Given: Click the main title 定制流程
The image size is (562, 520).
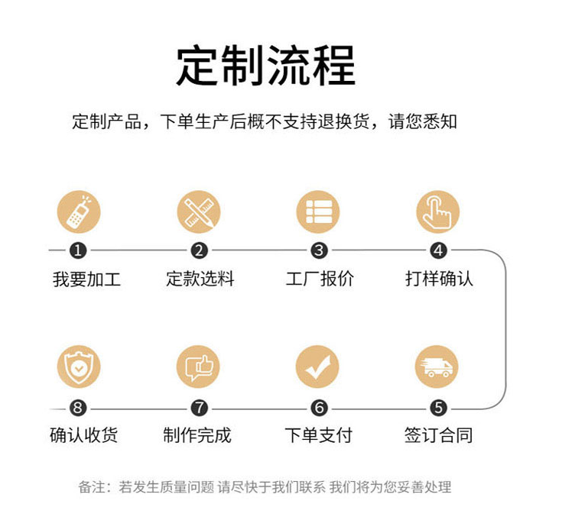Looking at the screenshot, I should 265,66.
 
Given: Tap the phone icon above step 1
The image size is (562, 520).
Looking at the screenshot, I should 79,212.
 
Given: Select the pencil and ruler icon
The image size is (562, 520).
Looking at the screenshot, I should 199,212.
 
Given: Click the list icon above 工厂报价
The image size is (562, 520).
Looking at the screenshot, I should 318,212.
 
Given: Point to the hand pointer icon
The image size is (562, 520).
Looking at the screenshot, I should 438,212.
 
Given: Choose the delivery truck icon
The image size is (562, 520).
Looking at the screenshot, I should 438,367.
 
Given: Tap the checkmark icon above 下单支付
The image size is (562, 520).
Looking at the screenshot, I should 318,367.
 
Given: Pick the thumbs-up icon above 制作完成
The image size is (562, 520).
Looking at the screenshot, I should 199,367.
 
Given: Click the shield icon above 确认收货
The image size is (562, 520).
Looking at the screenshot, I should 79,367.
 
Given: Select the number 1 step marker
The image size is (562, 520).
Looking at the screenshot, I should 79,250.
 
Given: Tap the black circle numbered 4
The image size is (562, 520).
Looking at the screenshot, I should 438,250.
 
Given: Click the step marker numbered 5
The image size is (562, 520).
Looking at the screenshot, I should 438,409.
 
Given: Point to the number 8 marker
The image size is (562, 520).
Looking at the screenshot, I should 79,409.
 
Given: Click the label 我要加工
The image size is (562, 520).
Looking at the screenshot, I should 86,279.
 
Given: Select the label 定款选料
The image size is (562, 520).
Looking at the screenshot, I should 200,279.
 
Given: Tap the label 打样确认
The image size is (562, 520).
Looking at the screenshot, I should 439,279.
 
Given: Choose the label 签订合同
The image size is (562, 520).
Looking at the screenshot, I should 438,436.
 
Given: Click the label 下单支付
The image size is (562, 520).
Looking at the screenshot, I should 318,436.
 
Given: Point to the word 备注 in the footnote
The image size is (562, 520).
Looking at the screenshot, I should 92,487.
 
